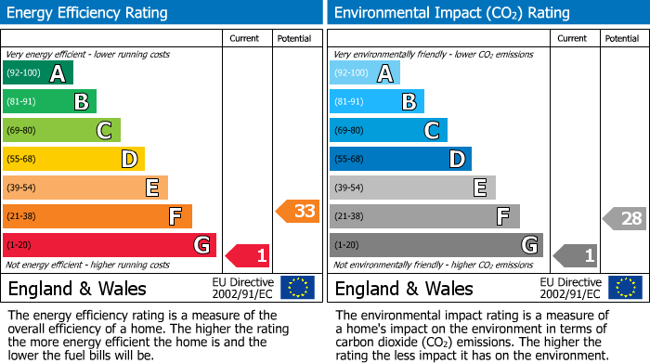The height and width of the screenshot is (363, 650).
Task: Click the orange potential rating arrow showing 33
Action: pos(298,212)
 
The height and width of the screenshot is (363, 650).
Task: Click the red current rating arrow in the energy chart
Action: pos(248,254)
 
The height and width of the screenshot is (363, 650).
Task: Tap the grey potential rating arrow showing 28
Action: pos(625,219)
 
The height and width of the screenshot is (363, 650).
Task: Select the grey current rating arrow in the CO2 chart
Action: pos(576,254)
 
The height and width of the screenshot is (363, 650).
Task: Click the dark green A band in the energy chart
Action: pos(37,73)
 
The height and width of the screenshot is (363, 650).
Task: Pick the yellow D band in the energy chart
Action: pos(73,159)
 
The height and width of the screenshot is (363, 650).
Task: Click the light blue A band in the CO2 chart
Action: pos(365,73)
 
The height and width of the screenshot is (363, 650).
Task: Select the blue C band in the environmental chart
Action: pos(388,130)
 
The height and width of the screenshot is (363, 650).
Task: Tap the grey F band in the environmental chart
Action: pos(424,216)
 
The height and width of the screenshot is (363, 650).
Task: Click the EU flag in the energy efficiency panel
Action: pos(297,288)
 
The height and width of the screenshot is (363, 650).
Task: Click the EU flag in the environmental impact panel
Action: pos(626,288)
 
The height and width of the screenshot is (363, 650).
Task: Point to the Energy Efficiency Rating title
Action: pos(87,13)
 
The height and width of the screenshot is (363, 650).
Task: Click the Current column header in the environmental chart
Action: pos(573,38)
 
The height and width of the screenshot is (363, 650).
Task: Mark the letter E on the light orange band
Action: pos(151,188)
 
